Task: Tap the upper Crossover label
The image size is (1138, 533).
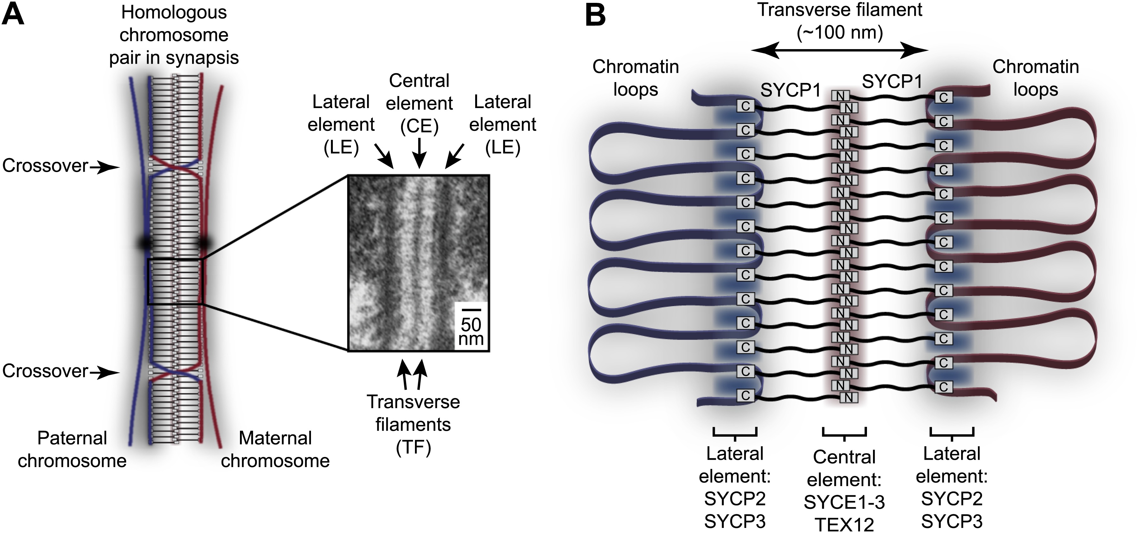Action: (x=45, y=166)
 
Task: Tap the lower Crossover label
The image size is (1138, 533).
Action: (x=45, y=371)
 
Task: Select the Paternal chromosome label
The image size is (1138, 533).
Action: (x=72, y=449)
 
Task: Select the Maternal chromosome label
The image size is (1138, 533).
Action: (x=275, y=449)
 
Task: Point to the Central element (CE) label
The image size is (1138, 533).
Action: (x=419, y=103)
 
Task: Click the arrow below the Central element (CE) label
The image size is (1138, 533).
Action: (x=419, y=153)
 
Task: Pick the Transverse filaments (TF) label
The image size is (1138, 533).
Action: (x=413, y=424)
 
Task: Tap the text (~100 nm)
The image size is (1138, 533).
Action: (x=839, y=33)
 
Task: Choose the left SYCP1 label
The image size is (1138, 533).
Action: (x=790, y=91)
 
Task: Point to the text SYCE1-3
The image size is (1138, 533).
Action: (x=844, y=502)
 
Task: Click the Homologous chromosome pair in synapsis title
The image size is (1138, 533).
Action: (x=174, y=35)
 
